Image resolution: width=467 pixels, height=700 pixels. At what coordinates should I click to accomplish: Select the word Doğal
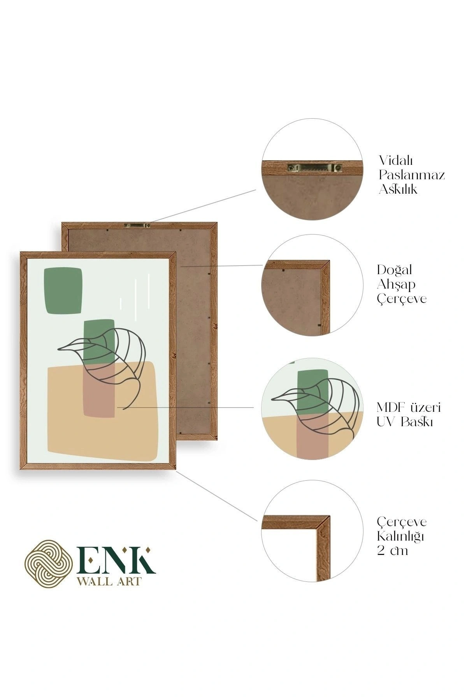[394, 269]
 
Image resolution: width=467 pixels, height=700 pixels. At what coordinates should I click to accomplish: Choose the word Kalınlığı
[400, 537]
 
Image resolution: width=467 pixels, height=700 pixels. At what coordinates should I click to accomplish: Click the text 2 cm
[392, 551]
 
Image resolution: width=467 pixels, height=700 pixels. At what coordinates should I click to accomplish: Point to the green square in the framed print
[63, 291]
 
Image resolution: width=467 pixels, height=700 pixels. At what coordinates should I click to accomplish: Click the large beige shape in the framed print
[102, 412]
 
